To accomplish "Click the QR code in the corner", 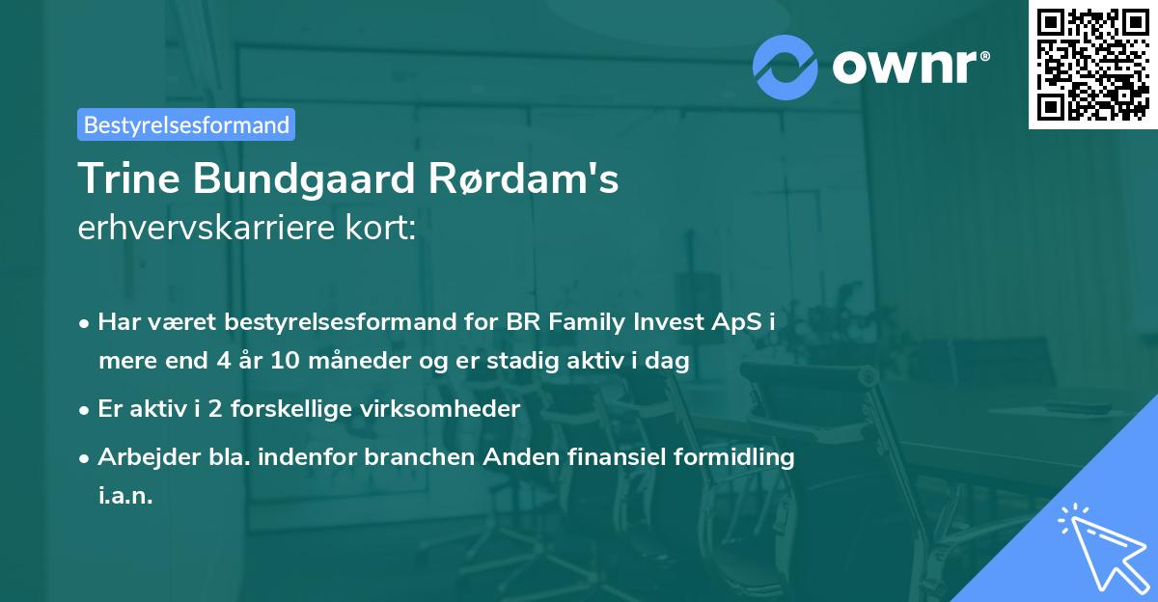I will [1092, 65].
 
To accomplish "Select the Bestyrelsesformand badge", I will [185, 124].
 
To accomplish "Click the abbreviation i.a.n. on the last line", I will [125, 496].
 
